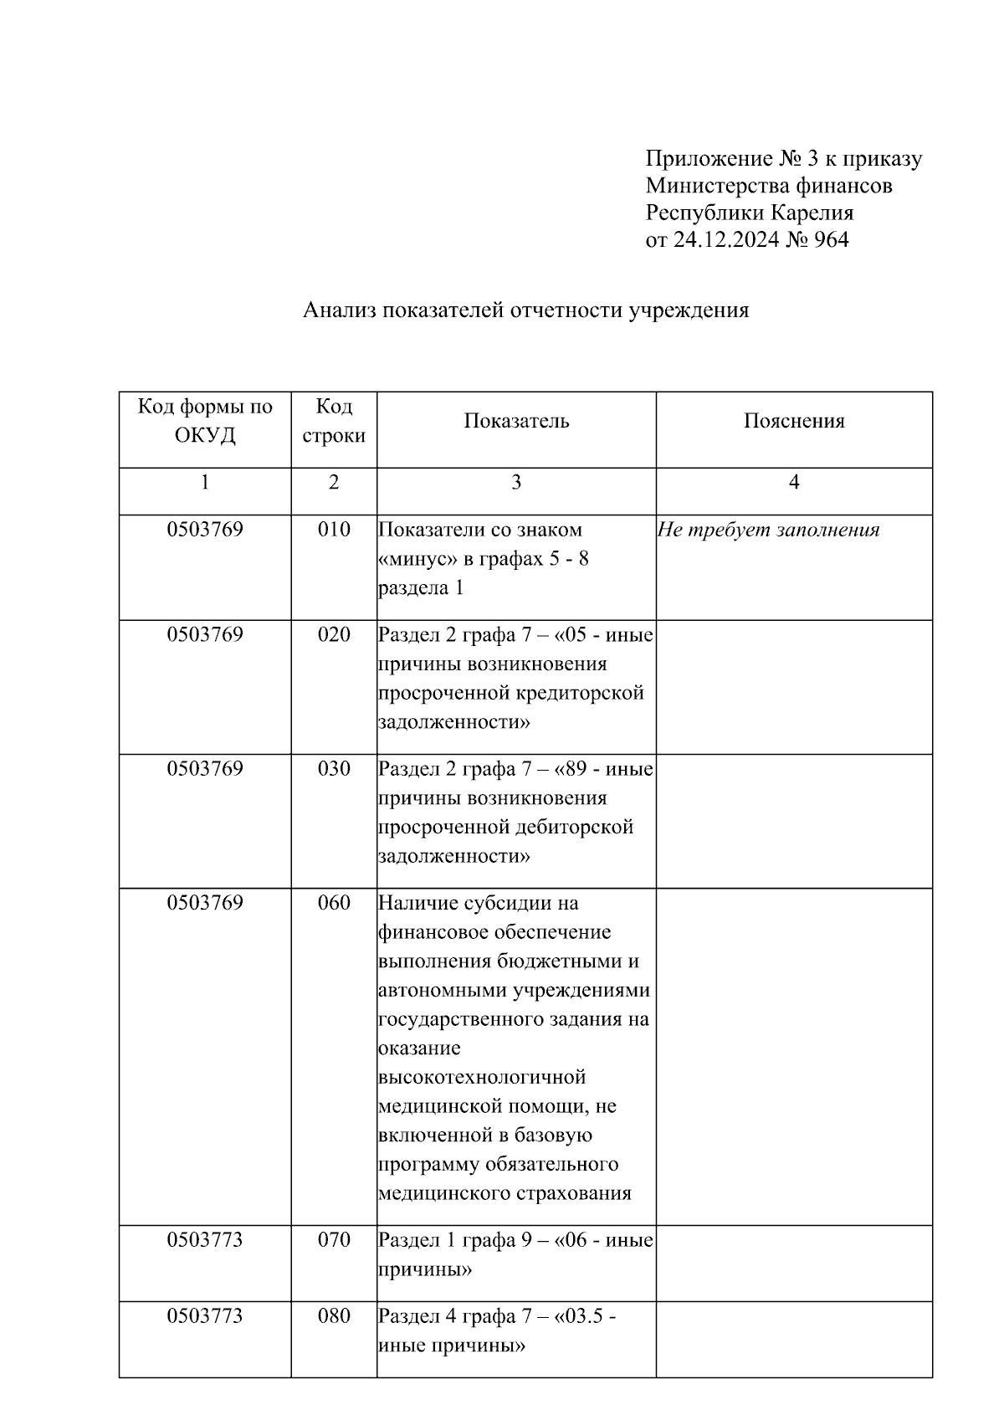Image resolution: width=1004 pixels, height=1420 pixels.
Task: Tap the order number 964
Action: point(830,240)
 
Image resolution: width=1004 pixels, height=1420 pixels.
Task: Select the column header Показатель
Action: point(516,421)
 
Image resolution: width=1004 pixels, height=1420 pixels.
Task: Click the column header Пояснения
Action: point(794,421)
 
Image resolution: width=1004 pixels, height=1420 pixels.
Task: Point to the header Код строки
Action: point(334,421)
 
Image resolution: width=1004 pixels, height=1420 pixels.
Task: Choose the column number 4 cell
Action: point(794,482)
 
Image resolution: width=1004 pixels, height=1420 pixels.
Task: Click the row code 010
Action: point(334,530)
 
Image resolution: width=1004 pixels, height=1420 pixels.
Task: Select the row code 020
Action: point(334,635)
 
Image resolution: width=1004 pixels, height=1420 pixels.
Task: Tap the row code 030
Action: point(334,769)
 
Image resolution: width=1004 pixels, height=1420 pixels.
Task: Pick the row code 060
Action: point(334,903)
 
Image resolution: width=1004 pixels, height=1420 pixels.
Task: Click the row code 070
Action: point(334,1240)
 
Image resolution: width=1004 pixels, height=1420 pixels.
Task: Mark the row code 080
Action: point(334,1316)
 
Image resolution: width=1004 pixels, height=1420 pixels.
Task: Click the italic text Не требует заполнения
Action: point(768,530)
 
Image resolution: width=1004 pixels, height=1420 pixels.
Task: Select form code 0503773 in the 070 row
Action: point(205,1240)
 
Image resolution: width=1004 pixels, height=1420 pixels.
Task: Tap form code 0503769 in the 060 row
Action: point(205,903)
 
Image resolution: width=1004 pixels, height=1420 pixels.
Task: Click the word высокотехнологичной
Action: point(482,1077)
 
